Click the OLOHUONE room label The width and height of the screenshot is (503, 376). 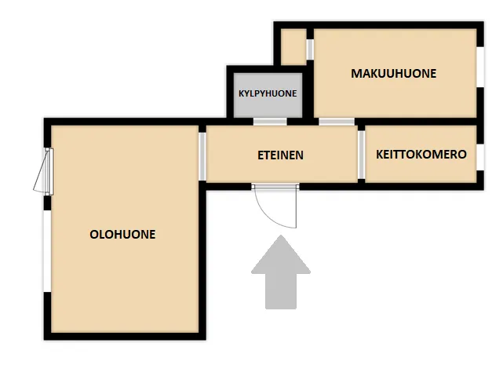[122, 235]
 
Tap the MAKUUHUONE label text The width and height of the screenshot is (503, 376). [394, 74]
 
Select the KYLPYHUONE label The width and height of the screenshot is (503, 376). [268, 93]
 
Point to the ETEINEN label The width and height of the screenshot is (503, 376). [280, 155]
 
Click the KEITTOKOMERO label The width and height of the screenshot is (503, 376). [421, 155]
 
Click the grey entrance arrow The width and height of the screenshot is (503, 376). [281, 272]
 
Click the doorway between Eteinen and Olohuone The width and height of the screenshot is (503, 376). [202, 156]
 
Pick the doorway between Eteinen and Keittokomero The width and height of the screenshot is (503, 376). [361, 155]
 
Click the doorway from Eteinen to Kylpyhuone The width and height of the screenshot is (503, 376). [270, 122]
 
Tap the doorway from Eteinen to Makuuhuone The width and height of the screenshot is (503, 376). [337, 122]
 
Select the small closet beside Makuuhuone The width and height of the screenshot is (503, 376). [293, 47]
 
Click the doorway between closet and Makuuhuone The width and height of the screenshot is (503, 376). [310, 49]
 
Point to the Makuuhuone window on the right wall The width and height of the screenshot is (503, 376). [480, 67]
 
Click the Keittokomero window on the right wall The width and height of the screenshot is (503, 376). [480, 157]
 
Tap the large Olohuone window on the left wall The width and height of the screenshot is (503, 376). [48, 251]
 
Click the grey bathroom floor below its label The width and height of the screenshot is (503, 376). [268, 108]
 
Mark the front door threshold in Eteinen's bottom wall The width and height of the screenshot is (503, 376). [275, 186]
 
